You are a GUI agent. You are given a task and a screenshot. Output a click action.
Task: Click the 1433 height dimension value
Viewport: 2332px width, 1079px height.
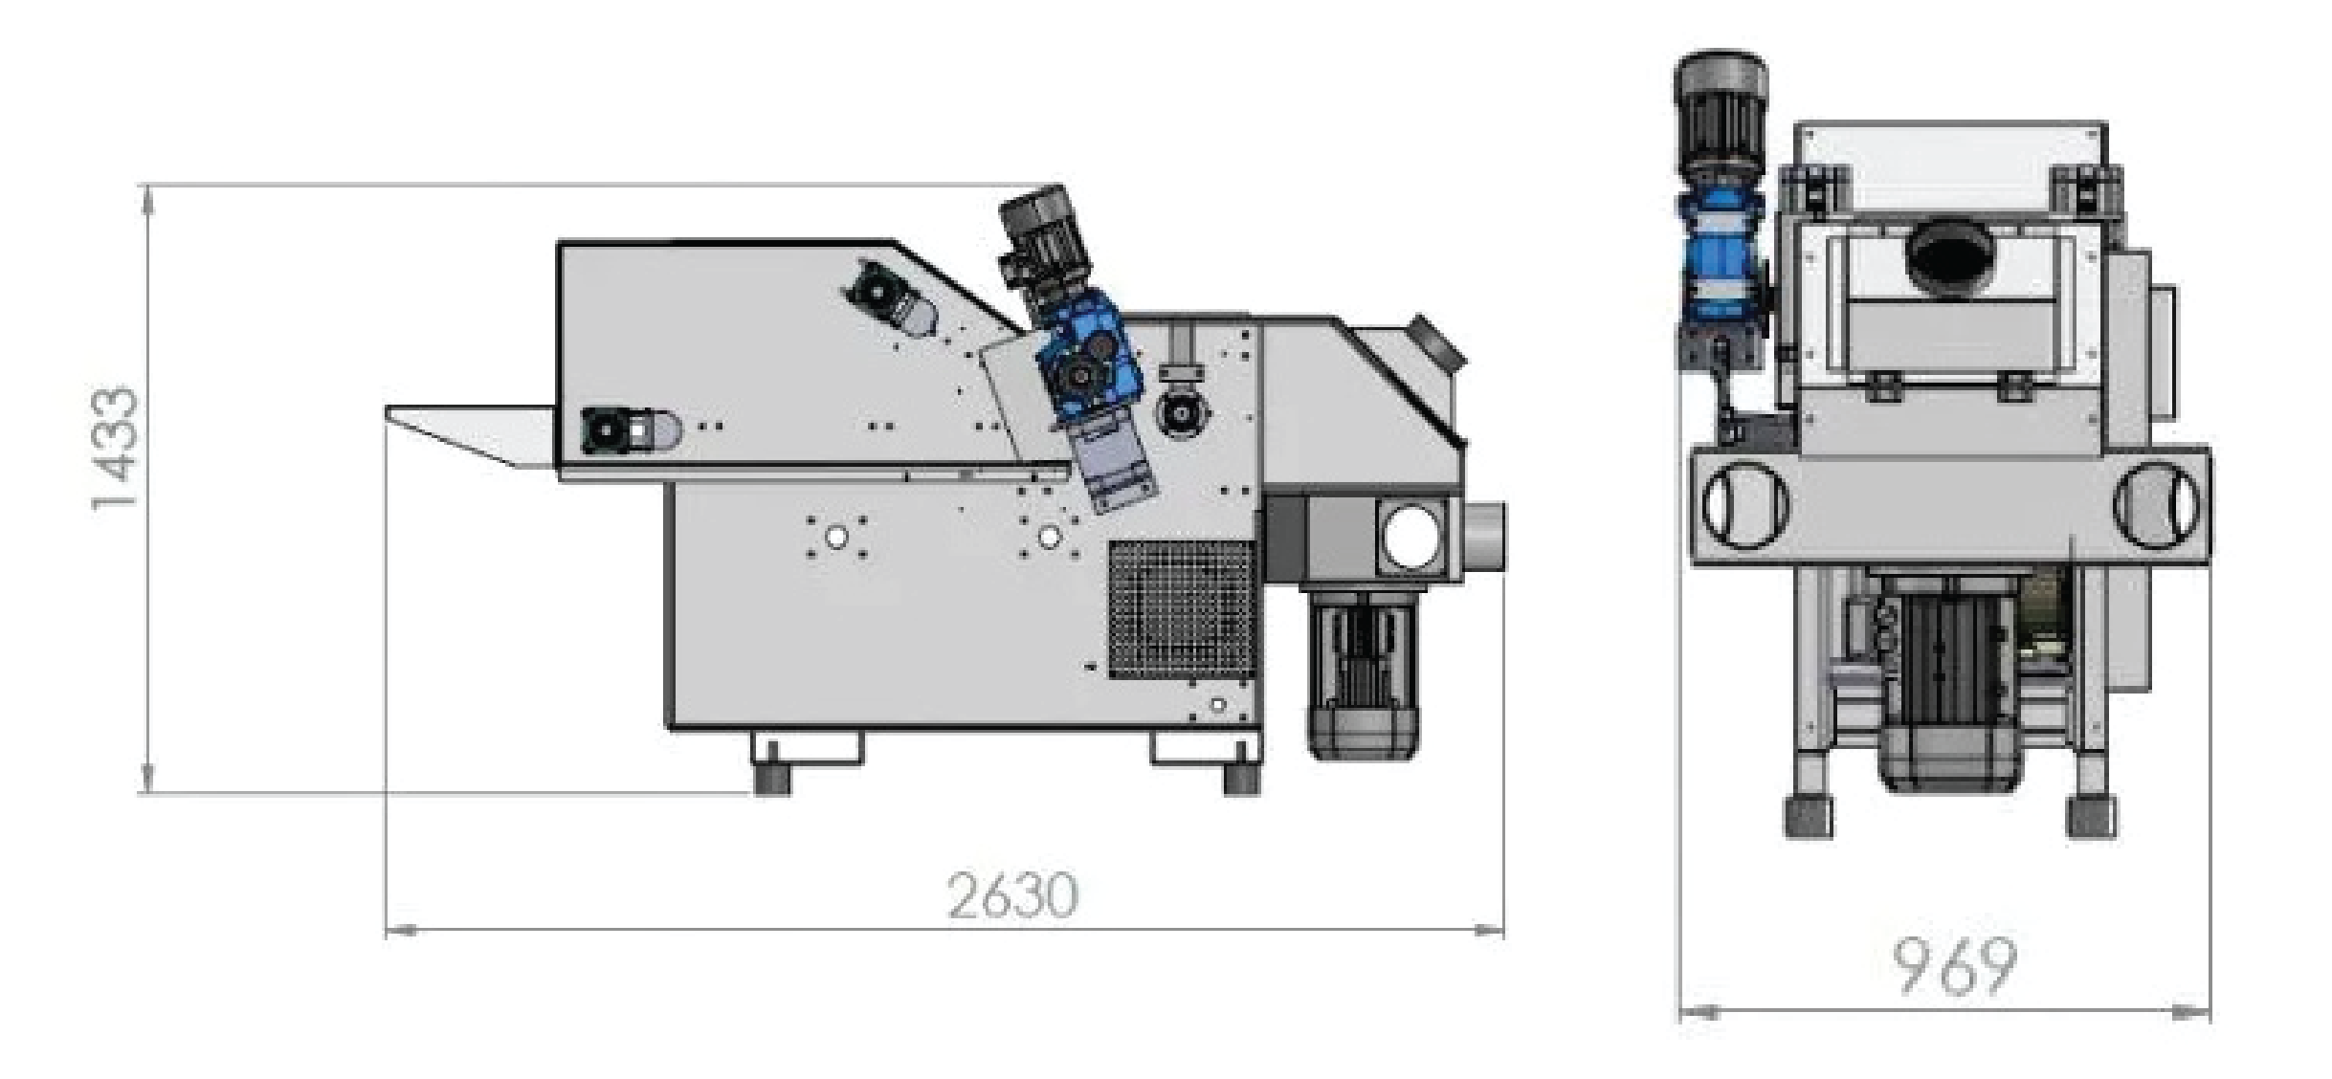[x=116, y=449]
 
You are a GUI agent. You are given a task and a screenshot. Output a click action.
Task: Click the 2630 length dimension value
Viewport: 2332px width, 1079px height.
[x=1013, y=895]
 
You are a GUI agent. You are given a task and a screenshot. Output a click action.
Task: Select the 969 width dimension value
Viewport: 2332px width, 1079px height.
[x=1955, y=967]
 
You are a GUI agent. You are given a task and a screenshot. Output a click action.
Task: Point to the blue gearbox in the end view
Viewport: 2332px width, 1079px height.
[x=1719, y=266]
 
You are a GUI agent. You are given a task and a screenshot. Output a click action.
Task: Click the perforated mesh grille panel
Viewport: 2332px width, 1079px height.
[x=1182, y=609]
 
